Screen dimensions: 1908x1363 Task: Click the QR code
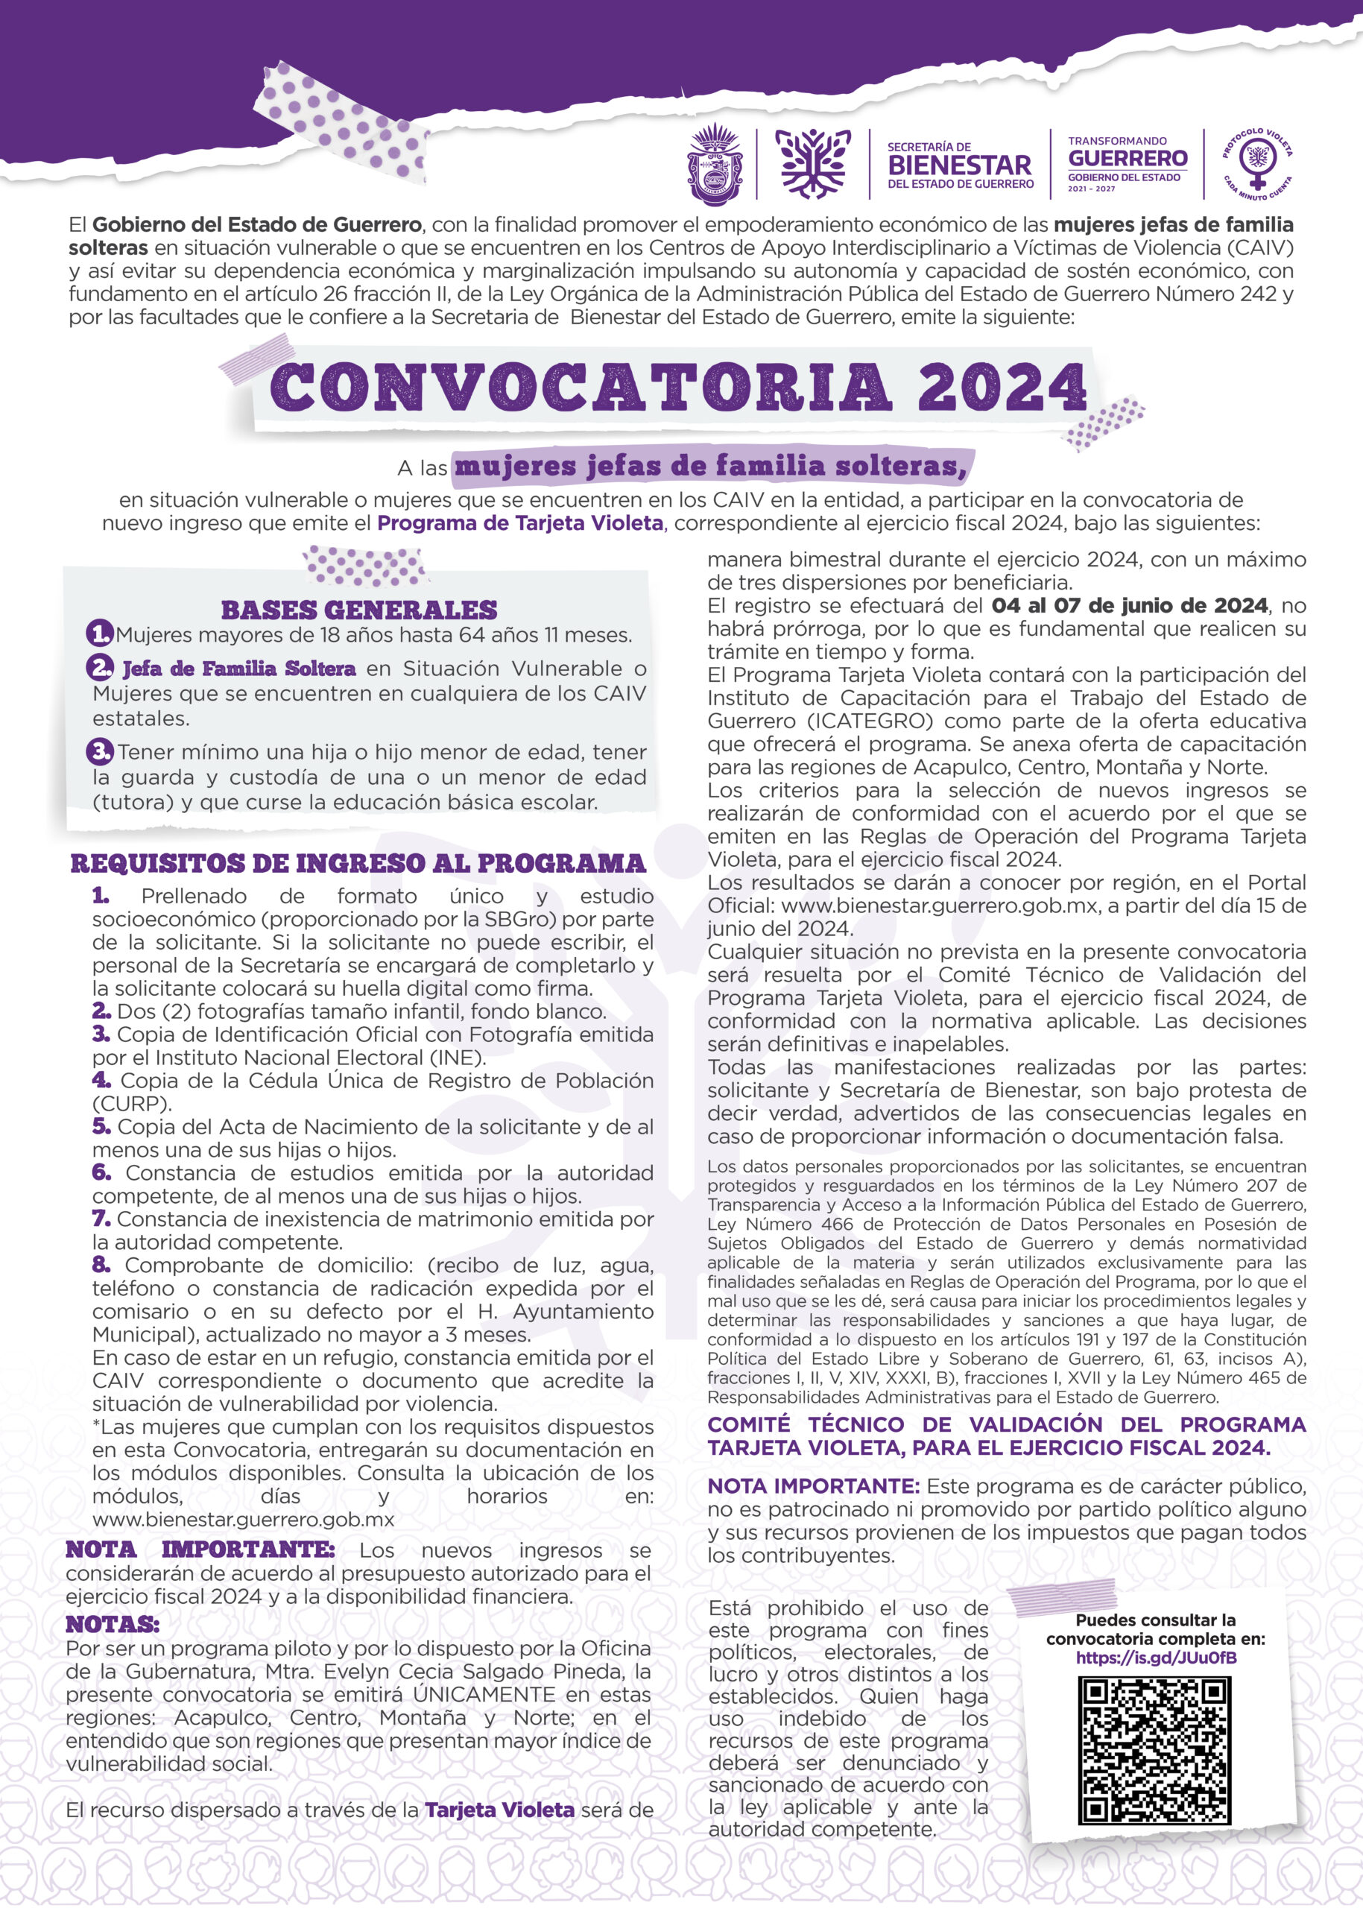coord(1156,1754)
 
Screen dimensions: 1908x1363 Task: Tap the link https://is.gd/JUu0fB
coord(1156,1658)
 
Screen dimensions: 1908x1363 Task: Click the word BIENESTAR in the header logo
coord(959,165)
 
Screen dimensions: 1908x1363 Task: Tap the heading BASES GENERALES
coord(359,610)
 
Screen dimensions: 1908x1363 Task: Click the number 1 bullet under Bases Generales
coord(100,633)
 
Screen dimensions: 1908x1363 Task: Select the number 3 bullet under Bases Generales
coord(101,751)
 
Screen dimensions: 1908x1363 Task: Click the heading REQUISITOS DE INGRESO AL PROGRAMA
coord(358,863)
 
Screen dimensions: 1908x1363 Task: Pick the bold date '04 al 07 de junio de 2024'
coord(1129,605)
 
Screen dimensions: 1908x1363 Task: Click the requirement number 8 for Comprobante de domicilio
coord(101,1266)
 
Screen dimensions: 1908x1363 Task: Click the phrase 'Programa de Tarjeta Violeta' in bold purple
coord(520,524)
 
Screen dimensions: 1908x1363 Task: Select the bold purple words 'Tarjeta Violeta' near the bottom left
coord(499,1809)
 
